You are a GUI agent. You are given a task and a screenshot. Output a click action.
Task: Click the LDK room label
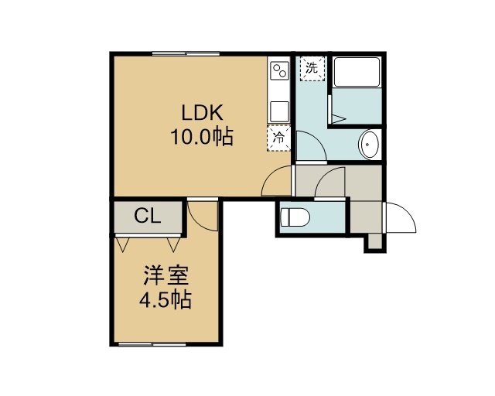click(203, 112)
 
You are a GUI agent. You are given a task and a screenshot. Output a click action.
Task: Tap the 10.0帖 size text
click(202, 136)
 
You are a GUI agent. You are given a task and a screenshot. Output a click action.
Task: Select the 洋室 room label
click(166, 275)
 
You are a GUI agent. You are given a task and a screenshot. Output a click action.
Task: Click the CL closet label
click(148, 217)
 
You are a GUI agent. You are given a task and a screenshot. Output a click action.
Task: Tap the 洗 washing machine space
click(312, 69)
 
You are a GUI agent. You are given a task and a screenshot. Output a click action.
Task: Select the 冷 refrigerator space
click(278, 138)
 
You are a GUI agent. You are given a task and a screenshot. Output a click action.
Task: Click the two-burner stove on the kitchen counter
click(279, 70)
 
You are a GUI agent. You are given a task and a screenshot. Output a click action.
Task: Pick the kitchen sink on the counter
click(279, 111)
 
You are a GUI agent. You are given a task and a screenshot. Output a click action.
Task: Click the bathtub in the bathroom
click(357, 72)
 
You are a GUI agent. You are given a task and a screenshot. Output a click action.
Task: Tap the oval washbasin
click(368, 145)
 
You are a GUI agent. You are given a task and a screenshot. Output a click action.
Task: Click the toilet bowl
click(295, 217)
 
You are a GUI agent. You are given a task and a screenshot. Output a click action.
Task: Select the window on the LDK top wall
click(186, 53)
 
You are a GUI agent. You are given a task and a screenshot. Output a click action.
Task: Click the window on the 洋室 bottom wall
click(152, 344)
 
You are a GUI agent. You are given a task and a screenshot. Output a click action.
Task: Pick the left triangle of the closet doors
click(123, 244)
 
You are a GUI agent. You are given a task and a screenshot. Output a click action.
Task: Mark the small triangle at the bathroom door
click(338, 119)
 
